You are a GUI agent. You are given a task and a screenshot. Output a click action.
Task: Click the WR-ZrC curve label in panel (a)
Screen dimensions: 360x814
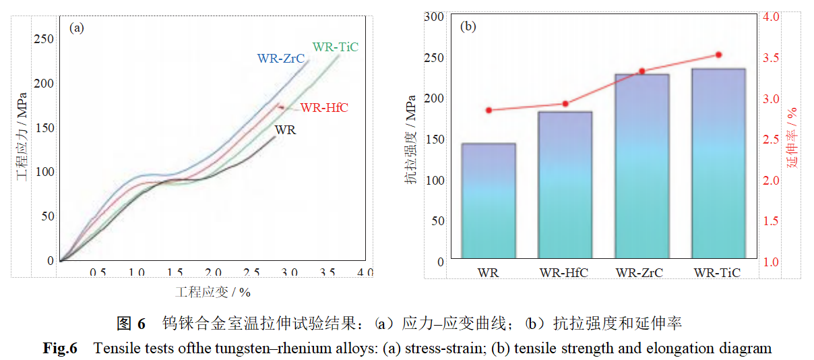[281, 59]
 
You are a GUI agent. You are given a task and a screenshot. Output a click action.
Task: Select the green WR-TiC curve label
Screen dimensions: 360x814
[335, 47]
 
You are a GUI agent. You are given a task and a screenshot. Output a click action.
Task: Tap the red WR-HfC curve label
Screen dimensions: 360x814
[324, 108]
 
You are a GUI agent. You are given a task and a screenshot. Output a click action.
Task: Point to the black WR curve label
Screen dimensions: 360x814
[286, 130]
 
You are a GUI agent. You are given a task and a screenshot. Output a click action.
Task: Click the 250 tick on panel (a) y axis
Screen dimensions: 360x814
[44, 39]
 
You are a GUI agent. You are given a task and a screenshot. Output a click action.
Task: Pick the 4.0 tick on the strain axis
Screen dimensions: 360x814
[365, 272]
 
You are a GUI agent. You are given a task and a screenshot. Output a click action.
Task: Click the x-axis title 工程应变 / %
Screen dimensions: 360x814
[213, 292]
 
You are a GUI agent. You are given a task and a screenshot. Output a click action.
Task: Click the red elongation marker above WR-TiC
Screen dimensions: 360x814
[718, 55]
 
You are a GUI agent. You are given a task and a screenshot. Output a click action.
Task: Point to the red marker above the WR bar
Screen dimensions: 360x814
[489, 110]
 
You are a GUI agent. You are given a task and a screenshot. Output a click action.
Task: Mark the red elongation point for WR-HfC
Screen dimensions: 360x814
[565, 104]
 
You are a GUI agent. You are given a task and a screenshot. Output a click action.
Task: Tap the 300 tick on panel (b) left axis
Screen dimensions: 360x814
[434, 17]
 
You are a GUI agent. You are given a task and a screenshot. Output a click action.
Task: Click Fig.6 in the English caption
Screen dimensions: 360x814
[61, 349]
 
